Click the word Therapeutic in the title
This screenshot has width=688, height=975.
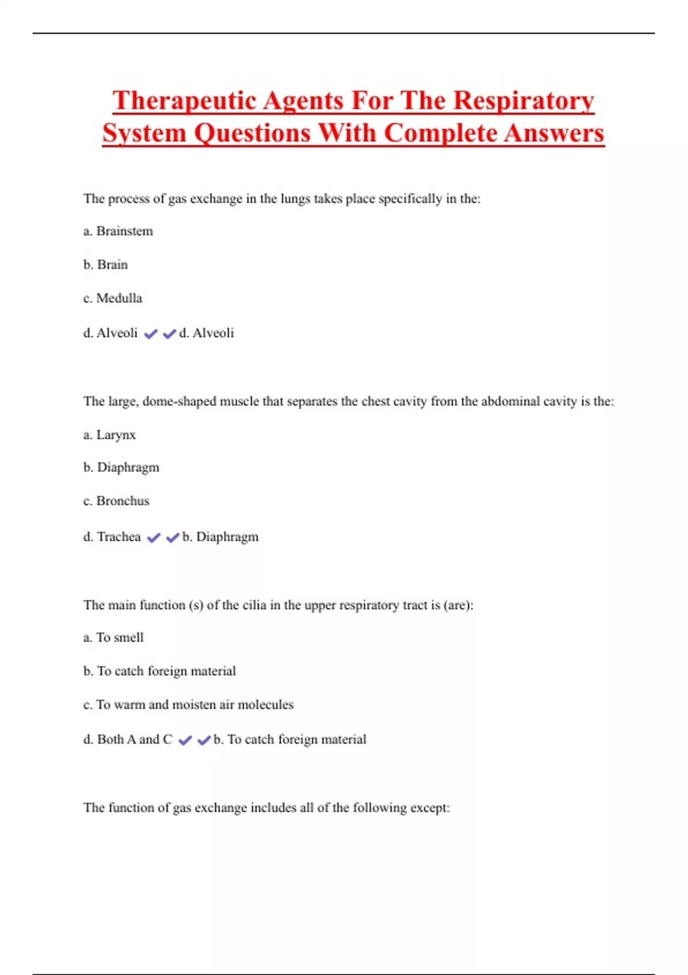coord(184,100)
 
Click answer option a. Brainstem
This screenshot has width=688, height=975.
coord(118,231)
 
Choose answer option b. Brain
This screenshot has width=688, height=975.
coord(105,264)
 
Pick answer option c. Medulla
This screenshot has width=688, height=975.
coord(112,298)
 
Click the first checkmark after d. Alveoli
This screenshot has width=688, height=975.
coord(151,334)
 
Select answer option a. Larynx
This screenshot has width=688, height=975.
coord(110,435)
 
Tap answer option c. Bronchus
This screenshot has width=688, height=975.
coord(116,501)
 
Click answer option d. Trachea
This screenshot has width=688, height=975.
coord(112,537)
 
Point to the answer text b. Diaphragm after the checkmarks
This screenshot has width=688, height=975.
coord(220,537)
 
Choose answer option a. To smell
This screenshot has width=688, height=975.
coord(114,638)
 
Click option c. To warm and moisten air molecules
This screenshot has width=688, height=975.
coord(188,705)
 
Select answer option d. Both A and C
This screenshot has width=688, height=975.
coord(127,739)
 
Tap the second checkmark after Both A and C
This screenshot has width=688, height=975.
coord(204,740)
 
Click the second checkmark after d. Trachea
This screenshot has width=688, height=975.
coord(173,537)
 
